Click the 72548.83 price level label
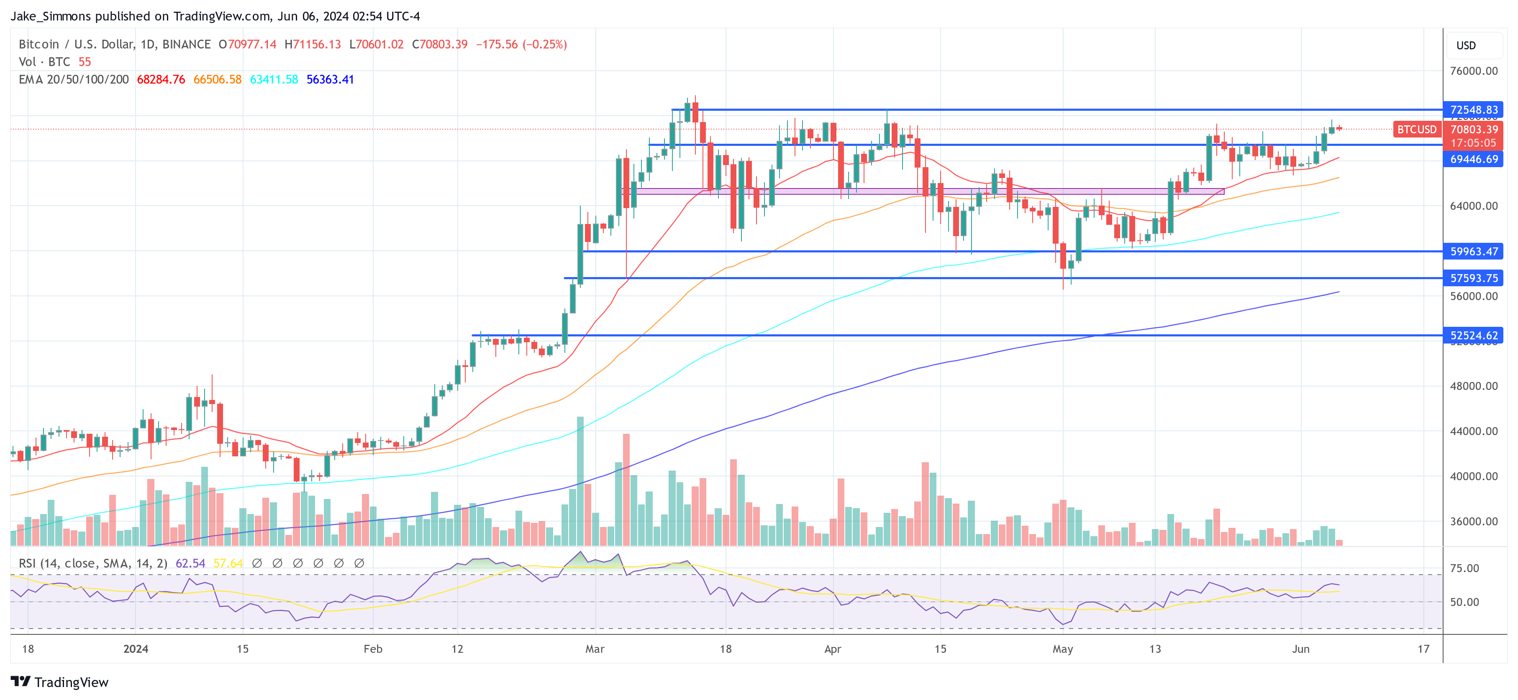point(1473,109)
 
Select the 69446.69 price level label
point(1473,159)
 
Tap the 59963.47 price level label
point(1473,252)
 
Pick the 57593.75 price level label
point(1473,278)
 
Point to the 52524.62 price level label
point(1473,336)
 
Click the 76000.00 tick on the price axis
point(1473,71)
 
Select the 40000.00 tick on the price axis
point(1473,476)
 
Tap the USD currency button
point(1466,45)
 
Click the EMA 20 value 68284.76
point(161,79)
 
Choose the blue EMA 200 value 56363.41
point(330,79)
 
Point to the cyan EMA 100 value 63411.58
point(274,79)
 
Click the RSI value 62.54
point(190,563)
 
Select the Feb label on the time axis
point(373,649)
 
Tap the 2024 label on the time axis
point(136,649)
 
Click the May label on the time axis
point(1062,649)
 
